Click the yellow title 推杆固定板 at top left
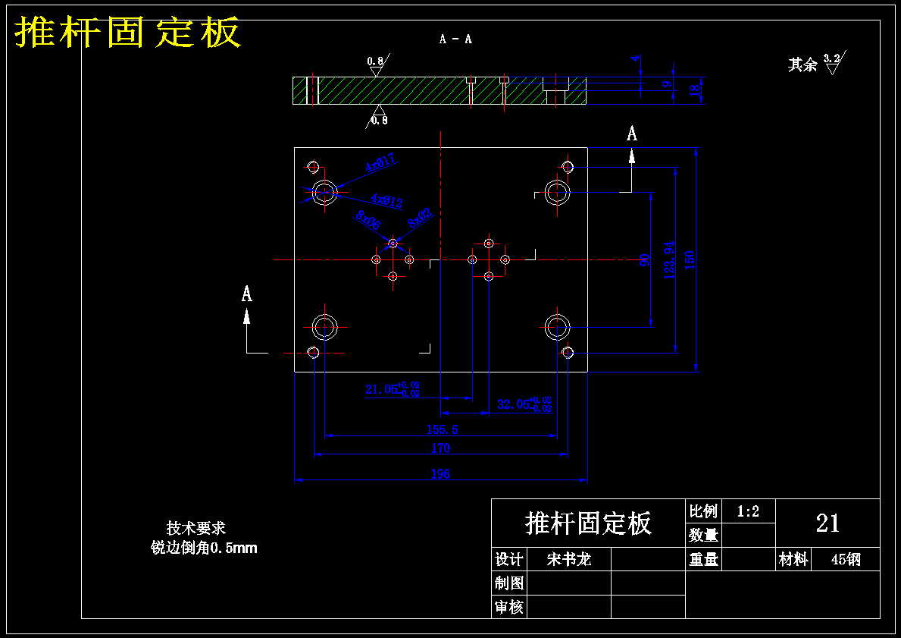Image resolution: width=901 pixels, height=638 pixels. pos(128,33)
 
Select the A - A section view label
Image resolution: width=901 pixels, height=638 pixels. pos(455,39)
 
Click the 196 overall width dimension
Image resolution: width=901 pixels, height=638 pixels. pos(440,474)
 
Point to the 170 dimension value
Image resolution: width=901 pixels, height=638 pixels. pos(440,448)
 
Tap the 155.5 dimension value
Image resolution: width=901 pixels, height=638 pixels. pos(442,429)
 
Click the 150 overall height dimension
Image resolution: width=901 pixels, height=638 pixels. pos(690,259)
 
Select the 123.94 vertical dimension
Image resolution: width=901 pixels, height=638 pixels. pos(669,259)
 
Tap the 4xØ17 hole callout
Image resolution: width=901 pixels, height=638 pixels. pos(380,162)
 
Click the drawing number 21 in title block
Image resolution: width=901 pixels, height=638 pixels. pos(827,523)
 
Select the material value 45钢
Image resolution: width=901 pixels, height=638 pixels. pos(845,560)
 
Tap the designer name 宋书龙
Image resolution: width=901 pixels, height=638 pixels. pos(568,560)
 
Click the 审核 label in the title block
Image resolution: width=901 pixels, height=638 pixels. pos(508,607)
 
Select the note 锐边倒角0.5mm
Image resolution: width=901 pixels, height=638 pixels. pos(204,548)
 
